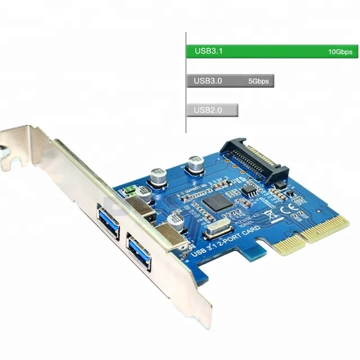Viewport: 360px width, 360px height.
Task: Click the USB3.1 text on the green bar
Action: tap(209, 51)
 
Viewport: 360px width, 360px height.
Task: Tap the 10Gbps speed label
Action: tap(340, 52)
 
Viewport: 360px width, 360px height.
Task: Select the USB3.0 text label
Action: tap(208, 81)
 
